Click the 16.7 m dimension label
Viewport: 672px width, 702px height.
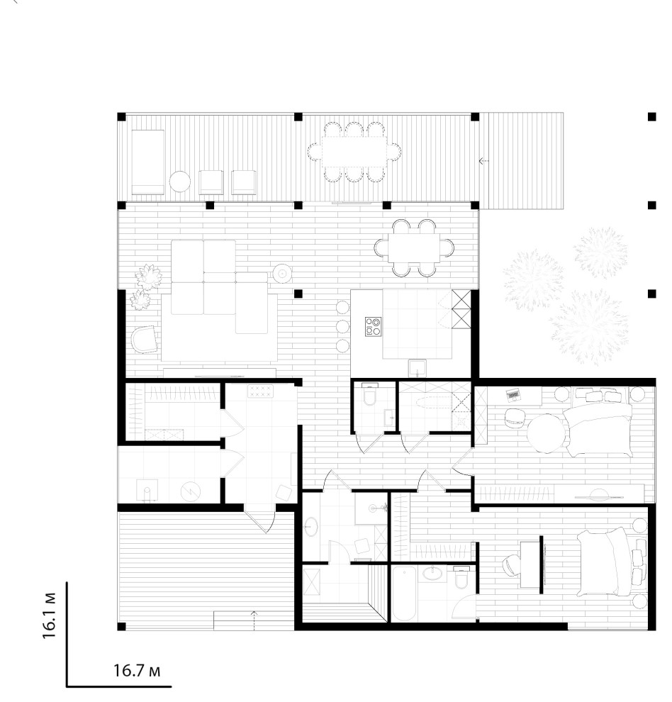[x=137, y=670]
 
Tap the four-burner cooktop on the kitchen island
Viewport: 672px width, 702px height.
[x=373, y=326]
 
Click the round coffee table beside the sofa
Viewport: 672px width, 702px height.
[x=283, y=273]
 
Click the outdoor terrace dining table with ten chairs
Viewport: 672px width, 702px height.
[x=354, y=152]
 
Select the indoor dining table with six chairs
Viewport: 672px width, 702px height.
[x=414, y=247]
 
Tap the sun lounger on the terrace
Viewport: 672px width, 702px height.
[x=147, y=162]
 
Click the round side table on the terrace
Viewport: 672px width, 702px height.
[x=180, y=182]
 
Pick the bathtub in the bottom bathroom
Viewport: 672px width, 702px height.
[x=404, y=594]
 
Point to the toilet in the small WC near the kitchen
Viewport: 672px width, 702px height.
[x=369, y=394]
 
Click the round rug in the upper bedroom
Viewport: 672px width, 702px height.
[x=546, y=433]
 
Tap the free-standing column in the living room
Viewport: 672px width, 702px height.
[x=298, y=294]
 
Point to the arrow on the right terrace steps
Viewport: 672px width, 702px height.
[x=483, y=161]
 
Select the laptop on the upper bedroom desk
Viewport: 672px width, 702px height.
[x=513, y=394]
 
